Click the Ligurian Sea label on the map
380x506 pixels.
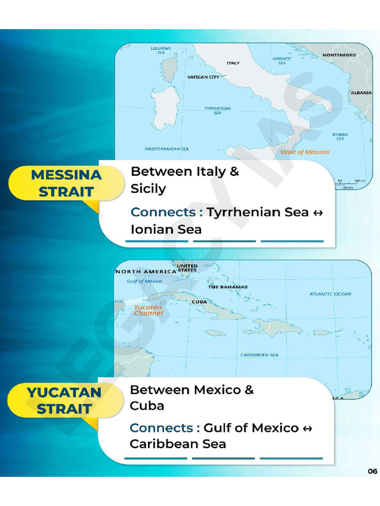pos(161,50)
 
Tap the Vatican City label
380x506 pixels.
pos(203,77)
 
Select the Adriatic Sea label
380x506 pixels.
pos(282,61)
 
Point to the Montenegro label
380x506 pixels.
pos(339,55)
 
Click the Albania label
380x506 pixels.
pos(361,93)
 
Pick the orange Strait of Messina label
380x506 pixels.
pos(304,152)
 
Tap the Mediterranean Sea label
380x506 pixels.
pos(166,149)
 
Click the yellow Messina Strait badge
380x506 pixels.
pos(66,183)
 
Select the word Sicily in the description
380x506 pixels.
pos(148,189)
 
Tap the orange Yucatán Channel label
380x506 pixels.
pos(148,310)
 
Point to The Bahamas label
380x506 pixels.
pos(228,287)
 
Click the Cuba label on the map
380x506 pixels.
pos(199,301)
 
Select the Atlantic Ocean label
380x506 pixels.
pos(330,294)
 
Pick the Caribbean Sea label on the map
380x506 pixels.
pos(259,355)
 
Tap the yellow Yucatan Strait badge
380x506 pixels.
pos(64,401)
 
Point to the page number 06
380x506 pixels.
pos(373,471)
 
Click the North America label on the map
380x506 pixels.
pos(145,272)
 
